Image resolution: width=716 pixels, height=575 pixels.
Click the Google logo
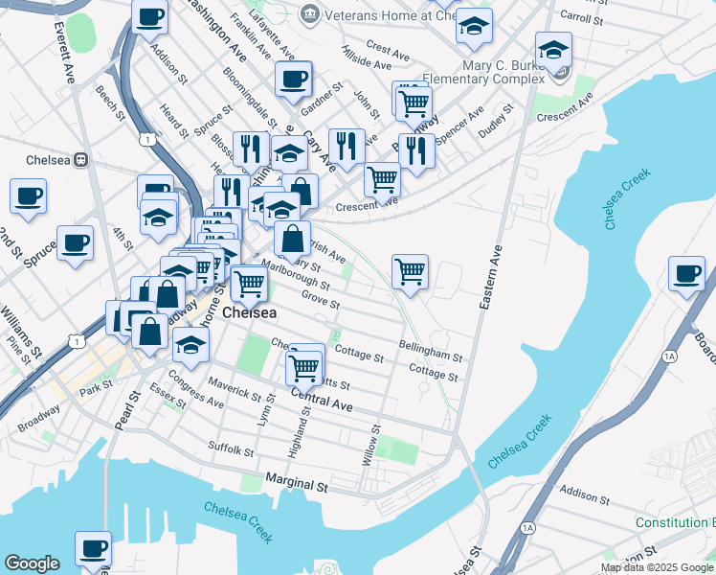[x=33, y=563]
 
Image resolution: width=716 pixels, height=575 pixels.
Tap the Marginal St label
[x=297, y=487]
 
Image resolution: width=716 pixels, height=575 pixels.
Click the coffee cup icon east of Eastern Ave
[x=686, y=274]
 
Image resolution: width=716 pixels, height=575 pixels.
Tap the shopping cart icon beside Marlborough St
[x=249, y=282]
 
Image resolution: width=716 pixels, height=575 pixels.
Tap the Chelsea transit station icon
[x=81, y=159]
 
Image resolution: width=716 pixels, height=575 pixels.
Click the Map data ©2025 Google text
[x=658, y=567]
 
